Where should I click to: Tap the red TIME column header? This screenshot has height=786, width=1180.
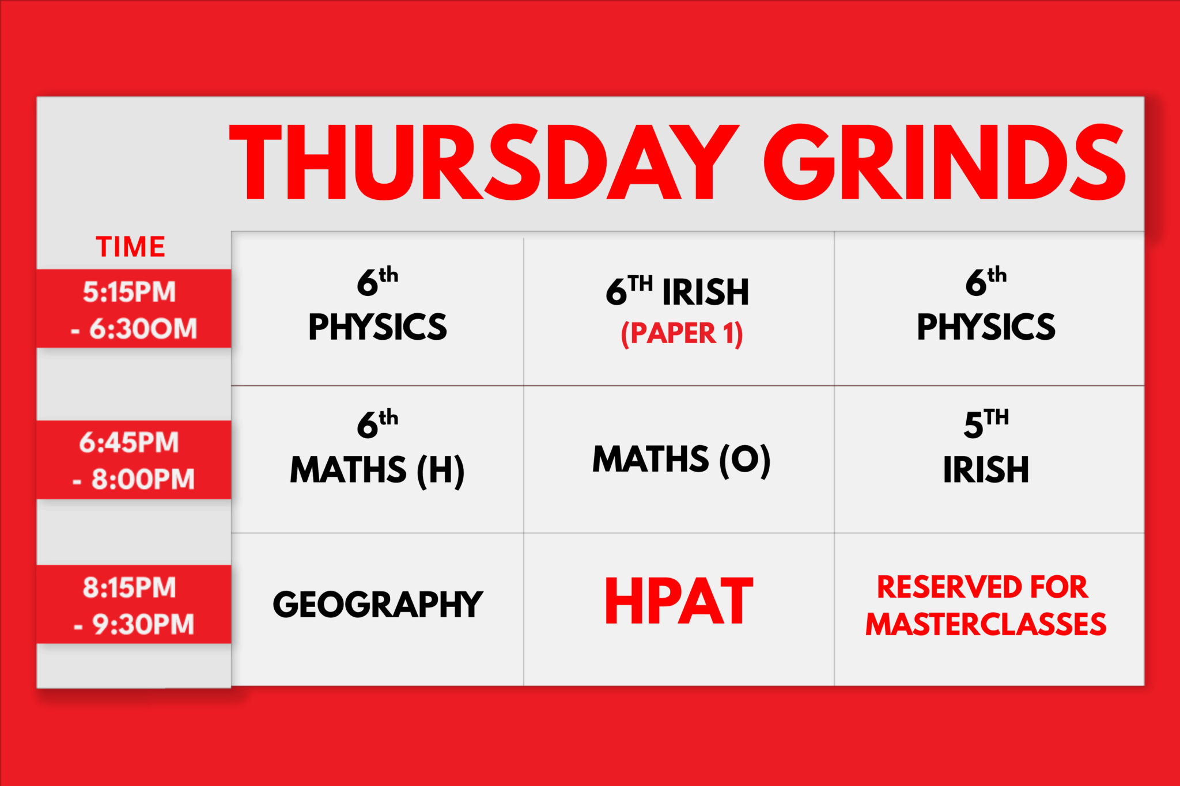pyautogui.click(x=130, y=247)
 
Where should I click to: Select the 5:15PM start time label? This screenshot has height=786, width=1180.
pyautogui.click(x=129, y=292)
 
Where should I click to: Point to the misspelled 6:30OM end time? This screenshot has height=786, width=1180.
pyautogui.click(x=143, y=329)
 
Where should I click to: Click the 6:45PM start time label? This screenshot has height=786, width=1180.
pyautogui.click(x=129, y=442)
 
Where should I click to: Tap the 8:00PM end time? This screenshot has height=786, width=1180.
pyautogui.click(x=143, y=479)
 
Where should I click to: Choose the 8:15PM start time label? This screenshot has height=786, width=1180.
pyautogui.click(x=129, y=587)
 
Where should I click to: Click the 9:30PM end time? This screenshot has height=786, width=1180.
pyautogui.click(x=143, y=624)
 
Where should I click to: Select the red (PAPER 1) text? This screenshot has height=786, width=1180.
pyautogui.click(x=682, y=333)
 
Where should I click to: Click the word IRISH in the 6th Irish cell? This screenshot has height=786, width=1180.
pyautogui.click(x=705, y=292)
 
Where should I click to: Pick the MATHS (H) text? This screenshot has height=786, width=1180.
pyautogui.click(x=377, y=470)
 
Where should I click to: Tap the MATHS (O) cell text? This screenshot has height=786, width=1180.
pyautogui.click(x=681, y=460)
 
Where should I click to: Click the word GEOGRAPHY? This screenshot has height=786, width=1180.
pyautogui.click(x=377, y=605)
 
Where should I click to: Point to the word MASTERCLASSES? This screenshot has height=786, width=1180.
pyautogui.click(x=986, y=624)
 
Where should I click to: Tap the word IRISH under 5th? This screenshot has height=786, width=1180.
pyautogui.click(x=986, y=470)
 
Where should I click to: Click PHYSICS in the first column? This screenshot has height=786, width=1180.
pyautogui.click(x=377, y=327)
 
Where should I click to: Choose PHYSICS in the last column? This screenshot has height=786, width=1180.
pyautogui.click(x=986, y=327)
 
